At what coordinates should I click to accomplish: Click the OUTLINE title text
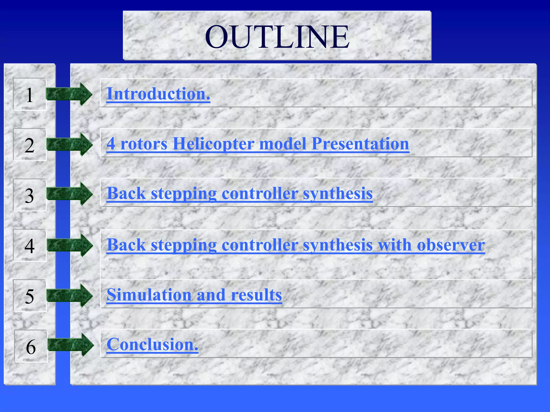coord(277,37)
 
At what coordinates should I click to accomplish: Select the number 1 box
coord(30,94)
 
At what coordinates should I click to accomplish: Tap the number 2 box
coord(30,145)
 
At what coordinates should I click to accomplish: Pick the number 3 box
coord(30,195)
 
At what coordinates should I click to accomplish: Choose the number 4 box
coord(30,245)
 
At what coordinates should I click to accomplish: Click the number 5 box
coord(30,296)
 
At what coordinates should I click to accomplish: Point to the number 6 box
coord(31,346)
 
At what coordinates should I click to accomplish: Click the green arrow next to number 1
coord(69,94)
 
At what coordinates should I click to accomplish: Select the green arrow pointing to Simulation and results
coord(70,295)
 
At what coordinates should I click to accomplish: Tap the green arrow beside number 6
coord(71,345)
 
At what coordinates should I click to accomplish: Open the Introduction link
coord(158,94)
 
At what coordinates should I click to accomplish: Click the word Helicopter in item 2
coord(213,144)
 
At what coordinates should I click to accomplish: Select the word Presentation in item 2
coord(360,144)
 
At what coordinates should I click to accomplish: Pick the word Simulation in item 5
coord(149,295)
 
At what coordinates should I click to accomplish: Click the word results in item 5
coord(256,295)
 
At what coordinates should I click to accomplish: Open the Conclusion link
coord(152,344)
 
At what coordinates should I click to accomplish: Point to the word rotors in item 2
coord(144,144)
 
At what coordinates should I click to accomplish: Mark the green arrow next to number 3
coord(70,194)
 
